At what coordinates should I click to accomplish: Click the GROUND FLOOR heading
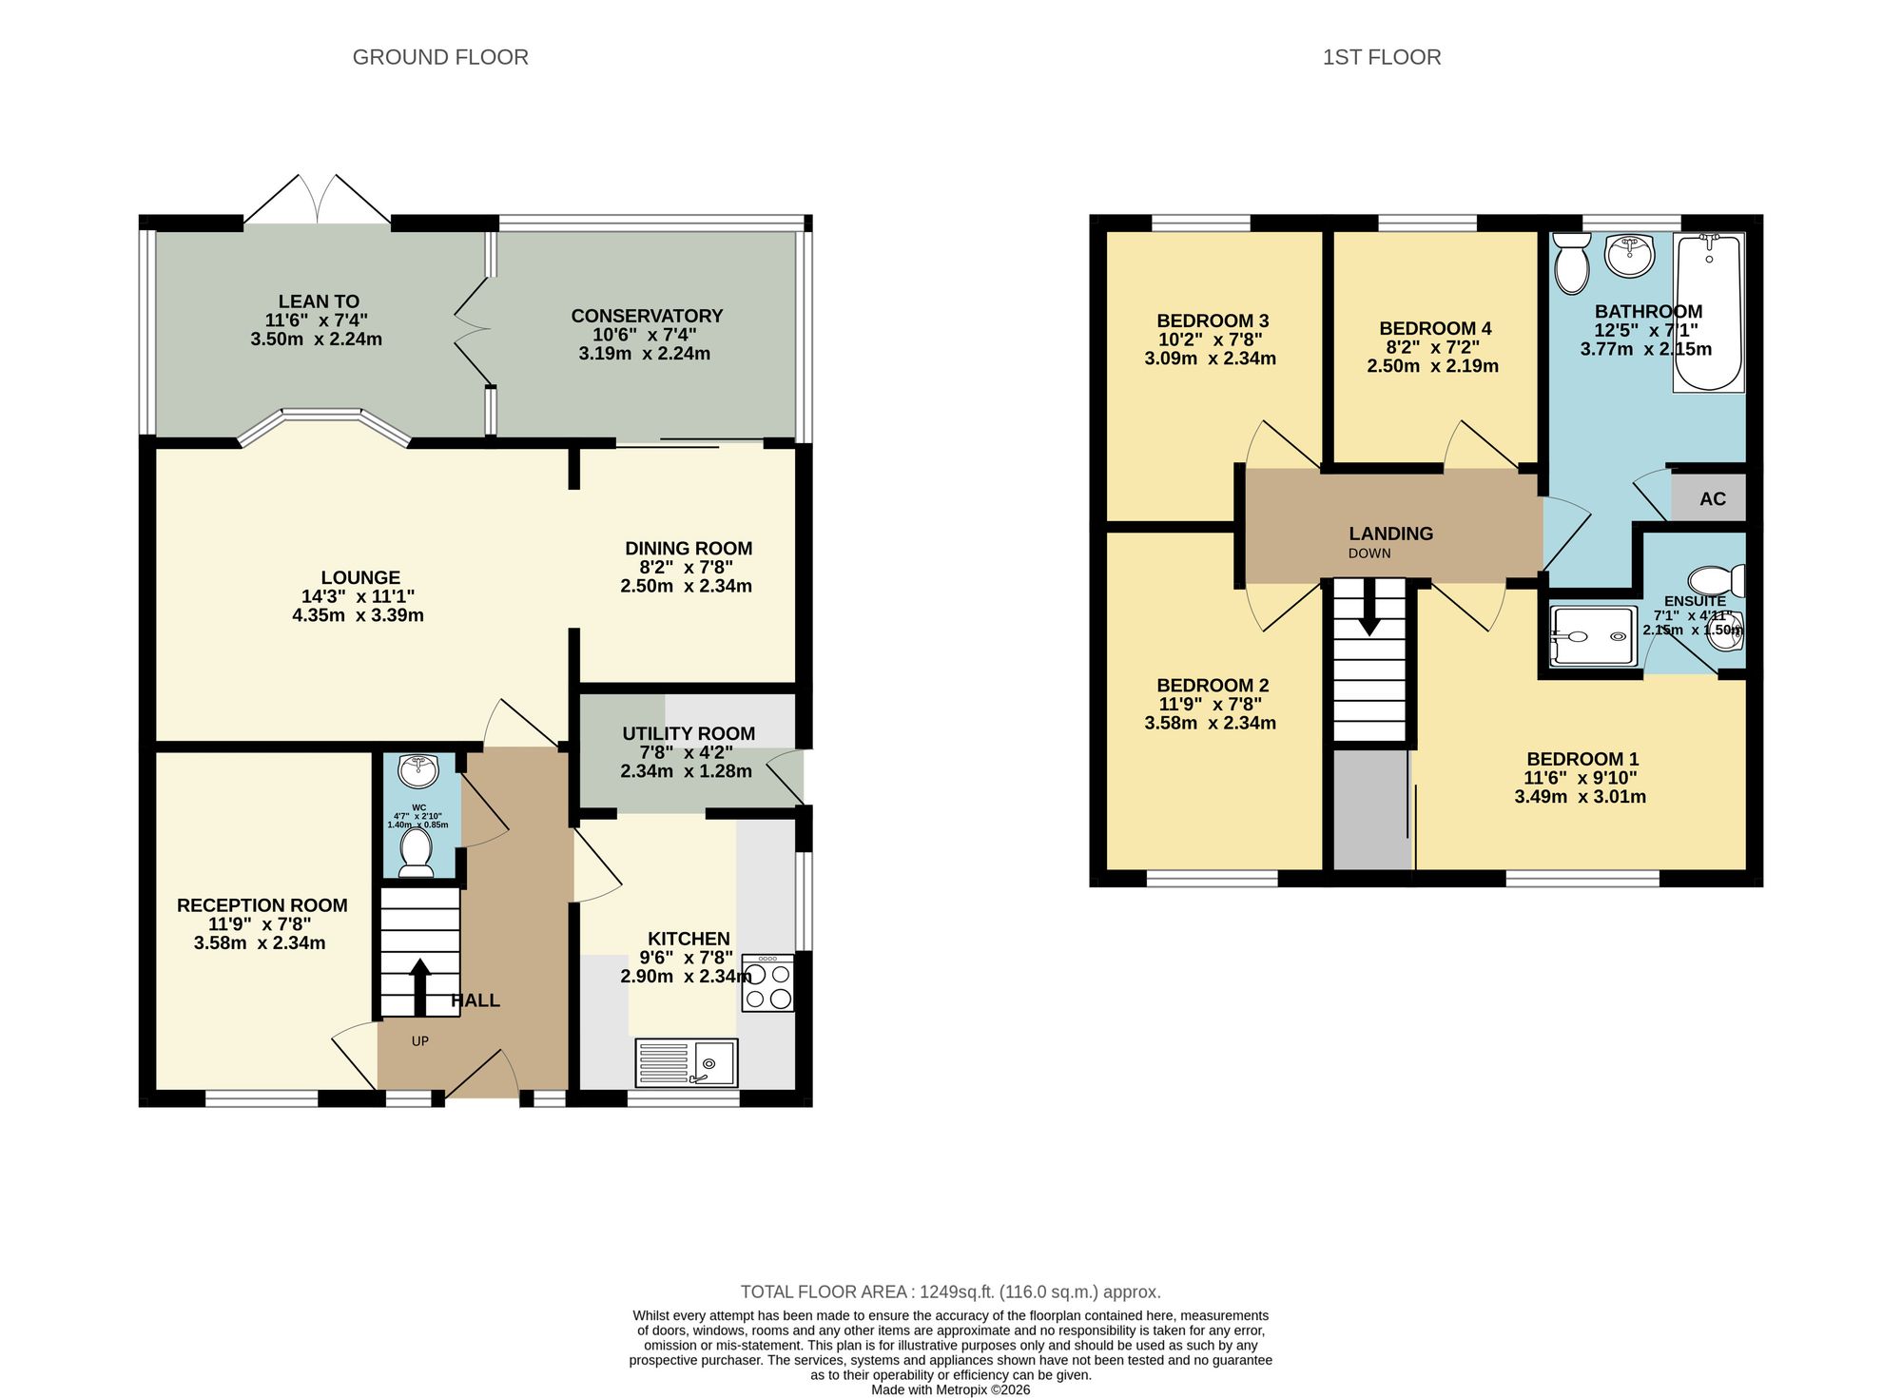(440, 57)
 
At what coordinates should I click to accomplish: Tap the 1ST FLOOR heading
(1381, 57)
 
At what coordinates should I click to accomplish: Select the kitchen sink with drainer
(687, 1062)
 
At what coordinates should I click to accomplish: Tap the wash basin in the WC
(417, 770)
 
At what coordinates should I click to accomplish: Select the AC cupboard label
(1712, 499)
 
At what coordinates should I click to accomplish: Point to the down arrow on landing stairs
(1369, 616)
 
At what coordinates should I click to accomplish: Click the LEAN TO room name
(319, 301)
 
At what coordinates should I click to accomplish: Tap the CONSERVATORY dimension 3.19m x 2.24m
(644, 354)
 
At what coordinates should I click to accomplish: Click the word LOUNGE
(360, 577)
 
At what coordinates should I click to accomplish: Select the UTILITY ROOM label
(689, 733)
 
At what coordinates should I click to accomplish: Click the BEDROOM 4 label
(1435, 328)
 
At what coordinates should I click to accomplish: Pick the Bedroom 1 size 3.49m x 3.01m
(1580, 797)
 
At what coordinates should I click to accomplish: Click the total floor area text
(950, 1291)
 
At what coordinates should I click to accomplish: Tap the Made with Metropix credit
(950, 1389)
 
